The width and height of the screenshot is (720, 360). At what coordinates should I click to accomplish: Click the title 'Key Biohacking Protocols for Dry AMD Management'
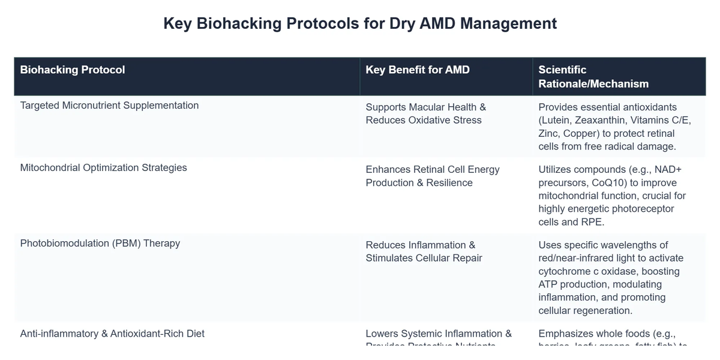pos(360,23)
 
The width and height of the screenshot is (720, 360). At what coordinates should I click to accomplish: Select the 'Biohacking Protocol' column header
pos(73,70)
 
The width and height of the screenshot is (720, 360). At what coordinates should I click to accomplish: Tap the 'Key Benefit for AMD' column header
pos(418,70)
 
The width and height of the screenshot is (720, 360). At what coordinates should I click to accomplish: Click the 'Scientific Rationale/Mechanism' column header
pos(593,77)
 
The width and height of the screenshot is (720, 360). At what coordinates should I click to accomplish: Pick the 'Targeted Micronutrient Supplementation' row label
pos(109,106)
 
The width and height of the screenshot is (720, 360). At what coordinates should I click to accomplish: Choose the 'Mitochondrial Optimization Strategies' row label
pos(103,168)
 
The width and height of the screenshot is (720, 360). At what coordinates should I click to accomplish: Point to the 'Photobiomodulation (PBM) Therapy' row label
pos(100,244)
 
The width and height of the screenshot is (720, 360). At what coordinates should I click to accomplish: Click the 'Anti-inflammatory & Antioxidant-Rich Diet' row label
pos(112,334)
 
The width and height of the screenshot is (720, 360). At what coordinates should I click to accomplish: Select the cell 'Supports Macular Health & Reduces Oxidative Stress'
pos(425,113)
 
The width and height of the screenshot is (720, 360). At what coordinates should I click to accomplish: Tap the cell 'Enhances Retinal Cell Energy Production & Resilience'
pos(432,176)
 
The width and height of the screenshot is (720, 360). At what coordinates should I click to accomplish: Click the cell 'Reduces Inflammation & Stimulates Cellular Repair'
pos(424,251)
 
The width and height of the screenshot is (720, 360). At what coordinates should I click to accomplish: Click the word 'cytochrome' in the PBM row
pos(565,271)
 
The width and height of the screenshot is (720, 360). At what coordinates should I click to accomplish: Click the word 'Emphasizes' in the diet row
pos(565,334)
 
